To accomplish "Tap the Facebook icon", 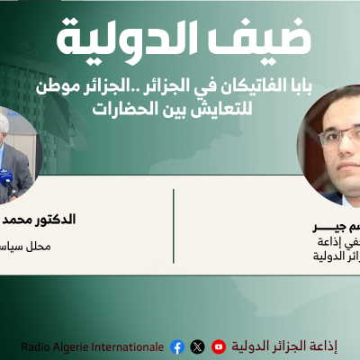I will tap(176, 346).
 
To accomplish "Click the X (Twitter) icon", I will tap(198, 346).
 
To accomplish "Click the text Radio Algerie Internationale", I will tap(93, 346).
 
